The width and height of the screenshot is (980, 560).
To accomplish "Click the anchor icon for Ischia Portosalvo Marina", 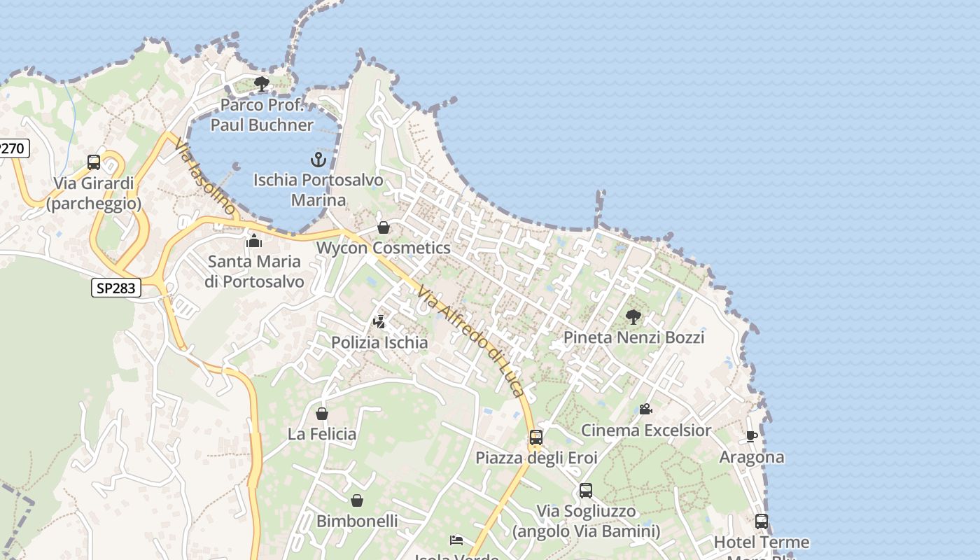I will point(318,160).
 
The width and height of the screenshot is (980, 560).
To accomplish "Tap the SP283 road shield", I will point(116,287).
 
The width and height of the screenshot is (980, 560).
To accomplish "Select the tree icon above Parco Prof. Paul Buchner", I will point(262,85).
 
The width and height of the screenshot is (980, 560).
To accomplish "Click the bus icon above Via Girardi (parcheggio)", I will point(94,162).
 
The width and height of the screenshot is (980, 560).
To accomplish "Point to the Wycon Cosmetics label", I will point(383,248).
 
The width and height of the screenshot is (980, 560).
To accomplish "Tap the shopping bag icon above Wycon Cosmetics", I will point(383,227).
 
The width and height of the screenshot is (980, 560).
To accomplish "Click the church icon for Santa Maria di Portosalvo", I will point(253,241).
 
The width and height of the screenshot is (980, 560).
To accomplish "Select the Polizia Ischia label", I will point(379,342).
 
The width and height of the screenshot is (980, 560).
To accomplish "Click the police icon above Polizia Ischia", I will point(379,322).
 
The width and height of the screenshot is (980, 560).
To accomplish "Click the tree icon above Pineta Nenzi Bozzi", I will point(633,317).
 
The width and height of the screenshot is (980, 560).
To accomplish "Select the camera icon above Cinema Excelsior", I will point(645,409).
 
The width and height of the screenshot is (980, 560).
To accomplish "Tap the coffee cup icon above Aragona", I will point(752,437).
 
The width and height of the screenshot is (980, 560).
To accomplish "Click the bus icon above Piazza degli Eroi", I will point(536,437).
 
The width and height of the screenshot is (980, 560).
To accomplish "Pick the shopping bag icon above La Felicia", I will point(322,414).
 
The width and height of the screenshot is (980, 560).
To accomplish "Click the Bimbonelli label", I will point(357,521).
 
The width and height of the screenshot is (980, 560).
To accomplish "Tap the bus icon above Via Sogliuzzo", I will point(586,491).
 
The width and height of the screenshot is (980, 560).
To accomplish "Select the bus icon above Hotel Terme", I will point(761,521).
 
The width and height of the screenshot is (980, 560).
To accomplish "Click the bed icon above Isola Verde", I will point(456,540).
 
